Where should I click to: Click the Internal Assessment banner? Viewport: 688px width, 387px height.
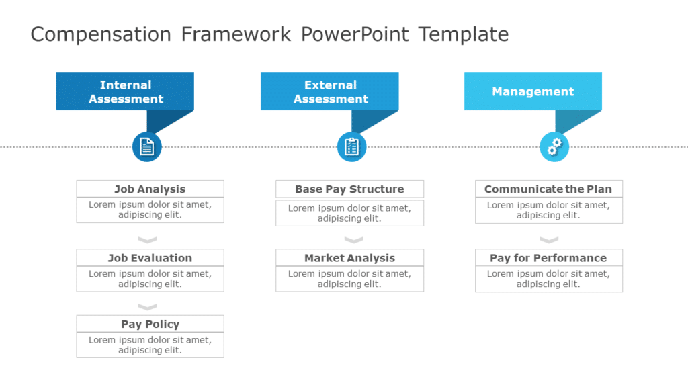(125, 91)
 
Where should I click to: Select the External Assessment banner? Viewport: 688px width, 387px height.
(330, 91)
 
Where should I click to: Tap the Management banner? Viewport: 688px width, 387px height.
(533, 91)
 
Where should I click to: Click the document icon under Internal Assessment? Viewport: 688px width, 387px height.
(147, 147)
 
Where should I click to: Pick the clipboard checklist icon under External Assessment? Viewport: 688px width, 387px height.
(351, 147)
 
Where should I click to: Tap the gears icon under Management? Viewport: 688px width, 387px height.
(554, 147)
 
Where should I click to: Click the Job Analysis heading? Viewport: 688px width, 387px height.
(150, 189)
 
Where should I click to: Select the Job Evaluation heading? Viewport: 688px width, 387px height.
(150, 258)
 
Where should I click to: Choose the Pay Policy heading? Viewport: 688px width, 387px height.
(150, 324)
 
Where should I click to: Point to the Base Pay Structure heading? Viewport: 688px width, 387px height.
(349, 189)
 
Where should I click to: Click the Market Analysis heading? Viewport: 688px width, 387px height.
(349, 258)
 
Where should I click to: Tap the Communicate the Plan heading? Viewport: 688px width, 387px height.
(548, 189)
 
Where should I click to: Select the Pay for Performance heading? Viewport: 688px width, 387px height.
(548, 258)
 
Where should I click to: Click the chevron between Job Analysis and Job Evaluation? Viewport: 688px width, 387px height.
(147, 240)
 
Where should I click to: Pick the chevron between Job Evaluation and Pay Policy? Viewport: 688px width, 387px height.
(147, 307)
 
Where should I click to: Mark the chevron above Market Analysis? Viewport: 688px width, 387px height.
(353, 240)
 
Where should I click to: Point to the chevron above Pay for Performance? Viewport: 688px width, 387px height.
(549, 240)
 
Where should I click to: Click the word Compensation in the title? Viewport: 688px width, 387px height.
(101, 34)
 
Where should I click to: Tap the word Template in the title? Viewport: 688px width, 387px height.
(464, 34)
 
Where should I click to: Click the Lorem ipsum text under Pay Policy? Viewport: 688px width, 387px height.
(150, 345)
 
